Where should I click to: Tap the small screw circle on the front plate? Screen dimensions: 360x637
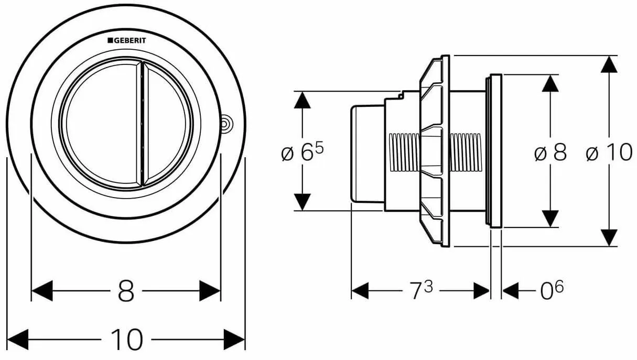[226, 124]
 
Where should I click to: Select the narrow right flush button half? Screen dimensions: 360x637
[167, 123]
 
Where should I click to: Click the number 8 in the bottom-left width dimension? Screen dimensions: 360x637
[126, 291]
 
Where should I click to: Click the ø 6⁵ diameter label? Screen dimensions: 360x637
[303, 152]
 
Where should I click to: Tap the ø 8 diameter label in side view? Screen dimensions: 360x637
[550, 154]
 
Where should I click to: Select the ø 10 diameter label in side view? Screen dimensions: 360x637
[609, 153]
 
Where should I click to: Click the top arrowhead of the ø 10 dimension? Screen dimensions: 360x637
[609, 64]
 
